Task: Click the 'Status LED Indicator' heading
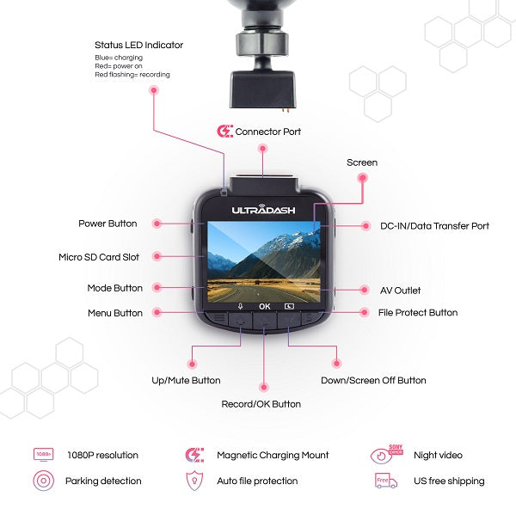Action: click(x=138, y=45)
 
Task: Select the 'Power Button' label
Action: click(x=107, y=224)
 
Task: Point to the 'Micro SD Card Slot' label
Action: click(x=99, y=257)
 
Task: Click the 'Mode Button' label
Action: click(x=114, y=288)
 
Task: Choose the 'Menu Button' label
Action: click(x=114, y=313)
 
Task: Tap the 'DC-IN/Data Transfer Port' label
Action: click(x=435, y=226)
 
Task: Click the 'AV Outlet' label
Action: click(x=401, y=291)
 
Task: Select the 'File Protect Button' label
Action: click(x=418, y=313)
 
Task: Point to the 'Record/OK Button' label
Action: click(x=262, y=404)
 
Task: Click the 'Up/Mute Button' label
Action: click(x=186, y=380)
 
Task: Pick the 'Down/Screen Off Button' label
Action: click(x=373, y=380)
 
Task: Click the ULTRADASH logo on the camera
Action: click(x=264, y=209)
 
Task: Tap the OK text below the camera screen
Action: click(x=264, y=305)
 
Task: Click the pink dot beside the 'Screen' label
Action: click(x=363, y=178)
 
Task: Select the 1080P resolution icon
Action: click(x=43, y=455)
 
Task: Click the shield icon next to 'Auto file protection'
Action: click(x=195, y=481)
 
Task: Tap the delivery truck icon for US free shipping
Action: click(x=386, y=481)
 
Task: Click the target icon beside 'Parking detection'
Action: click(x=43, y=481)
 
